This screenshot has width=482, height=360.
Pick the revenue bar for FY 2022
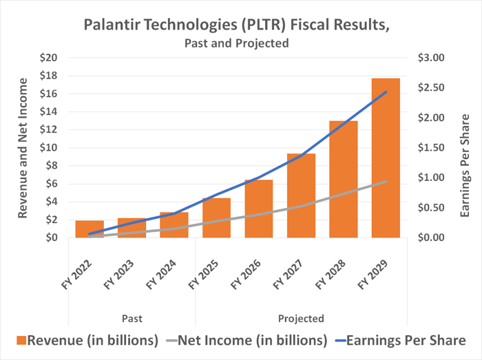tap(90, 229)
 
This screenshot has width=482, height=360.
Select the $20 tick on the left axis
tap(48, 58)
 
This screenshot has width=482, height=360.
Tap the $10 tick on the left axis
tap(48, 148)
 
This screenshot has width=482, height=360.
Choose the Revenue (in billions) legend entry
tap(84, 340)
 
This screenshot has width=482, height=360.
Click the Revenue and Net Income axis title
tap(22, 148)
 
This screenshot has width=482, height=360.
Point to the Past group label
tap(132, 319)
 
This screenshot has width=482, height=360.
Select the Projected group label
tap(301, 319)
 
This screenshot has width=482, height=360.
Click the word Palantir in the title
tap(108, 25)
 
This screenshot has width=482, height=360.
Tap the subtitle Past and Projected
tap(236, 43)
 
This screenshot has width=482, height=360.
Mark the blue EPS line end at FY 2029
tap(386, 92)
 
